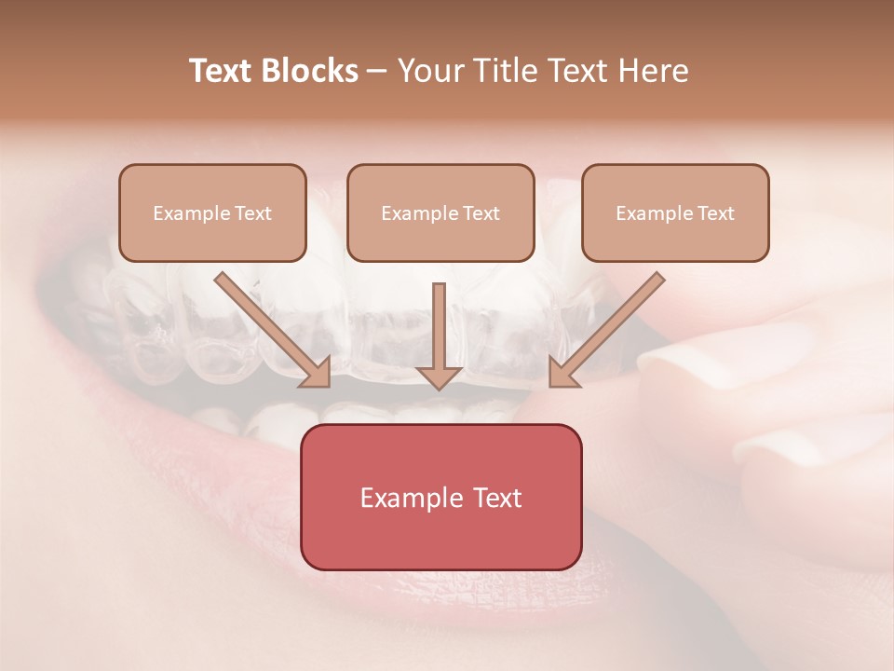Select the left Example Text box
pyautogui.click(x=212, y=212)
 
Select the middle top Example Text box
pyautogui.click(x=440, y=212)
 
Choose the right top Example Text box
pyautogui.click(x=675, y=212)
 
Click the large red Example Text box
pyautogui.click(x=440, y=497)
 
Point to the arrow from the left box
pyautogui.click(x=270, y=327)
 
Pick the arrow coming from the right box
pyautogui.click(x=609, y=327)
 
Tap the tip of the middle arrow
pyautogui.click(x=440, y=386)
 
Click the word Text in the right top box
pyautogui.click(x=716, y=213)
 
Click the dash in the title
pyautogui.click(x=377, y=72)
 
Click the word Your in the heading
pyautogui.click(x=428, y=71)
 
